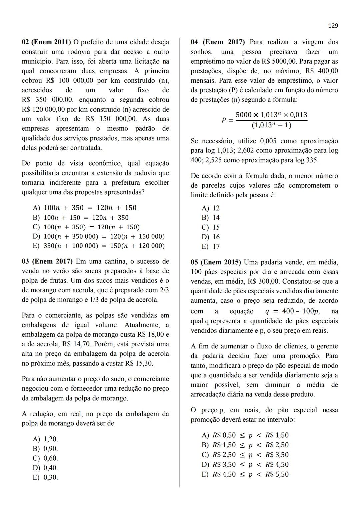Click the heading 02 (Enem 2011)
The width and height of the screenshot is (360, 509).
coord(46,42)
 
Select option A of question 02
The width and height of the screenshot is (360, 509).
coord(85,208)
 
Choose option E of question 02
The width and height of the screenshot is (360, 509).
coord(99,246)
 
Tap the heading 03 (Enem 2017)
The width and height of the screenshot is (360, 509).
coord(46,261)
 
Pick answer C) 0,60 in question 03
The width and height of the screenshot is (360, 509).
coord(45,458)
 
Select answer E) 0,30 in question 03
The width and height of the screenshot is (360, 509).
coord(45,477)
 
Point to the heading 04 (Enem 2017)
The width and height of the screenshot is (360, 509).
coord(218,42)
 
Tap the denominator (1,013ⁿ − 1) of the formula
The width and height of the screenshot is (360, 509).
coord(271,126)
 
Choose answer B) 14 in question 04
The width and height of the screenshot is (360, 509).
coord(211,218)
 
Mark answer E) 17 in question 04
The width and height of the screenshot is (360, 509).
coord(211,247)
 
